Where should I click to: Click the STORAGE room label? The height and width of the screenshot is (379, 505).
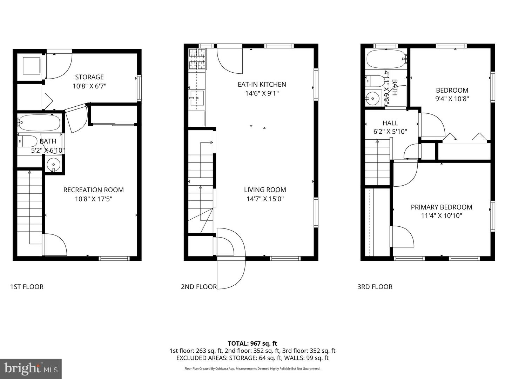(x=89, y=77)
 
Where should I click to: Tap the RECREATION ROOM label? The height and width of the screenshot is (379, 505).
(x=93, y=190)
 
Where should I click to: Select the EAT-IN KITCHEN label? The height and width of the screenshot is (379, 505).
(x=262, y=84)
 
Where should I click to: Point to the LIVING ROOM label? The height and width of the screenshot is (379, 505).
(x=265, y=190)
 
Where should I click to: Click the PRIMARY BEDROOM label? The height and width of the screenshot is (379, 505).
(x=441, y=207)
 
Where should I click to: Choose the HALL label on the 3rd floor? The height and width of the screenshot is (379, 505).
(x=390, y=123)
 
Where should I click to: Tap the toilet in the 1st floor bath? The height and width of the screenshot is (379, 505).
(x=27, y=141)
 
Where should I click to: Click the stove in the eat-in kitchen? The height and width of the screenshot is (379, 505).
(x=197, y=59)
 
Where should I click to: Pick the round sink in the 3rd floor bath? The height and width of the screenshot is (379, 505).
(x=372, y=98)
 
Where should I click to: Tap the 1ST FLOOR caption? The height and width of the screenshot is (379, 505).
(x=27, y=287)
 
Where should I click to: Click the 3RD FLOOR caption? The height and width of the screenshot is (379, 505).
(x=375, y=287)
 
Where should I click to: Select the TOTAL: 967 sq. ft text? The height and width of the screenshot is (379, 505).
(x=252, y=344)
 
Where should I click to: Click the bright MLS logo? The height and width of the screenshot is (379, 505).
(x=31, y=368)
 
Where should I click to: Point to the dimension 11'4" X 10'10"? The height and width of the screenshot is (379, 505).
(x=441, y=216)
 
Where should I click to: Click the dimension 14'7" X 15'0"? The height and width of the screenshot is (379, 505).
(x=265, y=199)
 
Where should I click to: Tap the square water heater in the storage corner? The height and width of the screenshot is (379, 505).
(x=31, y=65)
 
